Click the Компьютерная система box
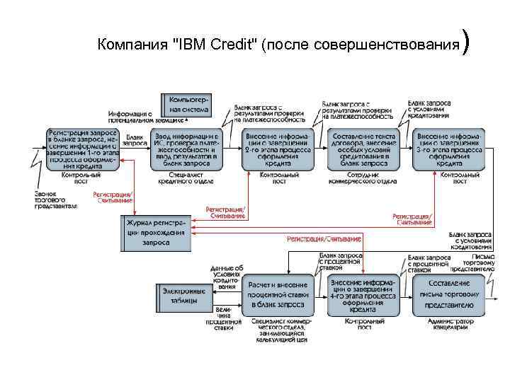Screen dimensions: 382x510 [x=186, y=105]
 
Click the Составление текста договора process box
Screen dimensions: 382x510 [x=364, y=149]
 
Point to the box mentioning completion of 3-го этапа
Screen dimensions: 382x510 [x=450, y=149]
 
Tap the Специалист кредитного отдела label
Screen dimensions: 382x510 [x=186, y=177]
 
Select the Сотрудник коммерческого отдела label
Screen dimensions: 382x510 [x=363, y=177]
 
